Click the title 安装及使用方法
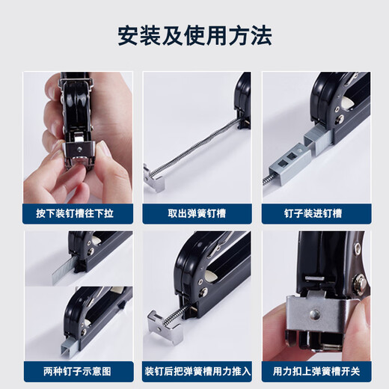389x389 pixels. coord(194,35)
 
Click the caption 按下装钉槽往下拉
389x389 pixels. coord(78,213)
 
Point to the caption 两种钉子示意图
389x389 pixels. coord(78,370)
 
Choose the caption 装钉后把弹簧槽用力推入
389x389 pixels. coord(196,370)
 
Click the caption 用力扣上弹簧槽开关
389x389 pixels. coord(315,370)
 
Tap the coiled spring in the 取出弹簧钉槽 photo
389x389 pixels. coord(198,150)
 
